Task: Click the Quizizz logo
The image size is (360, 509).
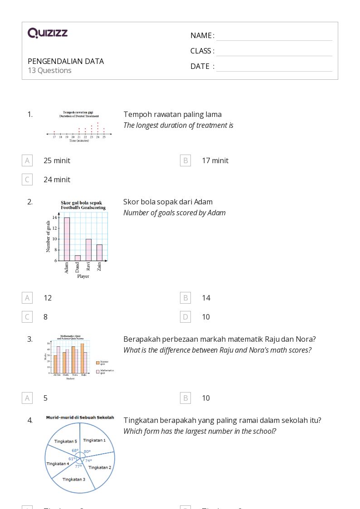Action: click(48, 33)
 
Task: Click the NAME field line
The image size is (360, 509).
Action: click(274, 36)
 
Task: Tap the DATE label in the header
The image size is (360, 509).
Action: click(200, 66)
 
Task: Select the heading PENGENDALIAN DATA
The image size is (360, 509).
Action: click(66, 61)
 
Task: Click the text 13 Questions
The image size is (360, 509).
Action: click(49, 70)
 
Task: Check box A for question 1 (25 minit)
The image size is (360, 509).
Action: click(27, 160)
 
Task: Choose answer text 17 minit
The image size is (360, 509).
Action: click(215, 160)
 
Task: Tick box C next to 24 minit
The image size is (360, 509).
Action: click(27, 179)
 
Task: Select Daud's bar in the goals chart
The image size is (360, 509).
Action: click(78, 258)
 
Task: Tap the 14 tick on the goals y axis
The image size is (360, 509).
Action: click(54, 218)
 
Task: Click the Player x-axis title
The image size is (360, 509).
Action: click(83, 276)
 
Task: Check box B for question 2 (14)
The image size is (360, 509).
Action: click(185, 298)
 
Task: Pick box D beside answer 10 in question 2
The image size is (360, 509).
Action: click(185, 317)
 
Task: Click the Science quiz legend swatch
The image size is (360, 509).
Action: click(97, 363)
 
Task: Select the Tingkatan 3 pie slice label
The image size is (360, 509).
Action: click(73, 479)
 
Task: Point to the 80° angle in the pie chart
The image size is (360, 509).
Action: click(87, 451)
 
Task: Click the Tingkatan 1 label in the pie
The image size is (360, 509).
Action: click(94, 440)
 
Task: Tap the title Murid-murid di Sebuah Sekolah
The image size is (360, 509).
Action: click(80, 417)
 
